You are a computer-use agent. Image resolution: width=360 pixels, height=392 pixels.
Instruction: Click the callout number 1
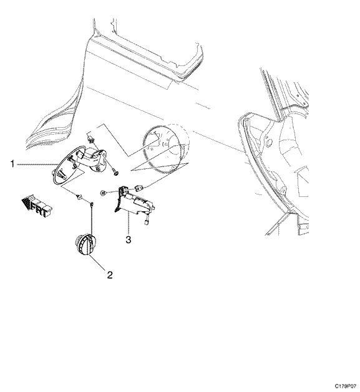(12, 165)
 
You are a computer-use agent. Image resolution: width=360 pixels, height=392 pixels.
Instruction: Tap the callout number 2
(110, 275)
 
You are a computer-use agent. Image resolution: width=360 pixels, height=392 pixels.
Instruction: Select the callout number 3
(128, 239)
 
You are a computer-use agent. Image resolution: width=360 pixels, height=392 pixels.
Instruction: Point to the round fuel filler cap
(85, 244)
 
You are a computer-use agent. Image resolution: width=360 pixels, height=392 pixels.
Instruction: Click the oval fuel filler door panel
(67, 165)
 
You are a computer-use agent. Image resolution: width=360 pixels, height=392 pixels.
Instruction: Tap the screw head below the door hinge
(115, 172)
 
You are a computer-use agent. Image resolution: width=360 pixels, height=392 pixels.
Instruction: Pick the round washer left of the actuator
(102, 193)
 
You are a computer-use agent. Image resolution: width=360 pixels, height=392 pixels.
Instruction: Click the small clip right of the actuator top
(139, 188)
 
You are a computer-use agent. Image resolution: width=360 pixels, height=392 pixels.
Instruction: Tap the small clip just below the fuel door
(79, 197)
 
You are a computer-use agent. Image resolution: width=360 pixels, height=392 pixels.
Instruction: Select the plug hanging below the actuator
(146, 222)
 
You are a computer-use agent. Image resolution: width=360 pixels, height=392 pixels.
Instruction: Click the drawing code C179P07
(346, 386)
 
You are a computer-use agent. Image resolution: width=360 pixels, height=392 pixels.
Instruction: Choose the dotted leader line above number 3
(128, 224)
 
